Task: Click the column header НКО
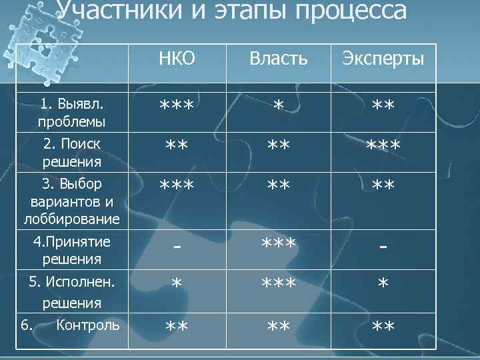click(177, 59)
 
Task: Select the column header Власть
click(279, 59)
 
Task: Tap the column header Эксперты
click(383, 59)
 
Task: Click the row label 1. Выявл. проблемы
click(72, 113)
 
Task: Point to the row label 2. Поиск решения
click(72, 152)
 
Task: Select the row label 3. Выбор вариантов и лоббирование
click(72, 200)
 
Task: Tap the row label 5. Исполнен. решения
click(72, 292)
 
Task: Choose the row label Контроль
click(89, 325)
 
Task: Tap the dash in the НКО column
click(177, 247)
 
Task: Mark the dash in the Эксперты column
click(383, 247)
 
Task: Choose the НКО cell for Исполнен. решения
click(177, 284)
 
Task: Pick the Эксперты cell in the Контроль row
click(383, 326)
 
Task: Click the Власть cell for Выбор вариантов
click(279, 185)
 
